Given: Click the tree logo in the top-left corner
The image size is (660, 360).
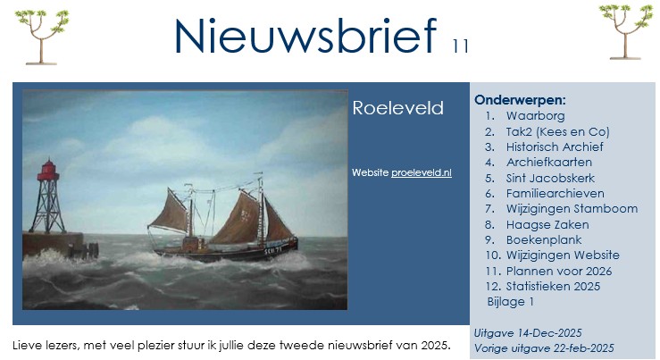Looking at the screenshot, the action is click(41, 37).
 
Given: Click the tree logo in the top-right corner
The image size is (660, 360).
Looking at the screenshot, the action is click(625, 32).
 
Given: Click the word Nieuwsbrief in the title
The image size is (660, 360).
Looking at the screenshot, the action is click(305, 36).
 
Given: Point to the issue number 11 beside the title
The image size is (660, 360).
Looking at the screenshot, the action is click(461, 46).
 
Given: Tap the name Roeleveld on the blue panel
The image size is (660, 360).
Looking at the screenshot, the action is click(397, 108).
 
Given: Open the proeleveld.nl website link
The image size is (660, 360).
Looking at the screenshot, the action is click(422, 172).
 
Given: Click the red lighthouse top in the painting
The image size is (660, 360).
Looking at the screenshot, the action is click(47, 171).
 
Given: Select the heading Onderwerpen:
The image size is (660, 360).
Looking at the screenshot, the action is click(520, 100).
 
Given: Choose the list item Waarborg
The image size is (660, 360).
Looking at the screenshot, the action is click(535, 116).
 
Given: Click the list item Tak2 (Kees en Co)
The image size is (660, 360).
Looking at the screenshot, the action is click(557, 132).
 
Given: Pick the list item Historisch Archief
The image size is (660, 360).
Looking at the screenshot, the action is click(555, 147).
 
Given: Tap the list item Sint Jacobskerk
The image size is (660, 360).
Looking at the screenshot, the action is click(550, 178).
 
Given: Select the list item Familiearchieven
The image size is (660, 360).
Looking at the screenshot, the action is click(556, 194).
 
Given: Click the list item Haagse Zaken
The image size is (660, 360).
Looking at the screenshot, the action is click(547, 225).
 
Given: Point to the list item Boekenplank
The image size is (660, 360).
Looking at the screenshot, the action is click(544, 240).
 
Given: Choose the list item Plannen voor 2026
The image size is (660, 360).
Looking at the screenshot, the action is click(559, 272).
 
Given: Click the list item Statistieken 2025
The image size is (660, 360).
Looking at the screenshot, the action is click(553, 287).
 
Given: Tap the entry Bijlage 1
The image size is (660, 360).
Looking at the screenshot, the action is click(511, 302).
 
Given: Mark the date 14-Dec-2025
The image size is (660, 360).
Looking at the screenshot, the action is click(549, 333).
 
